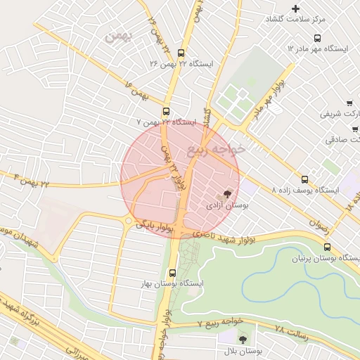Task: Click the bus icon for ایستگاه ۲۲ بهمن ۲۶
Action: coord(181,53)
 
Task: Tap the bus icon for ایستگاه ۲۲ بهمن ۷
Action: coord(167,111)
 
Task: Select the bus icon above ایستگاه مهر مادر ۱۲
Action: coord(317,38)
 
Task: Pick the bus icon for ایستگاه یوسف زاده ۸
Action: coord(304,179)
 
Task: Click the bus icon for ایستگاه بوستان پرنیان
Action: coord(327,247)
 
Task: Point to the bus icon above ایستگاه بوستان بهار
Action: coord(173,273)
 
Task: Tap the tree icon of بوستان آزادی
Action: coord(227,194)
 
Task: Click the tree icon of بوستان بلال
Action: coord(243,340)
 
